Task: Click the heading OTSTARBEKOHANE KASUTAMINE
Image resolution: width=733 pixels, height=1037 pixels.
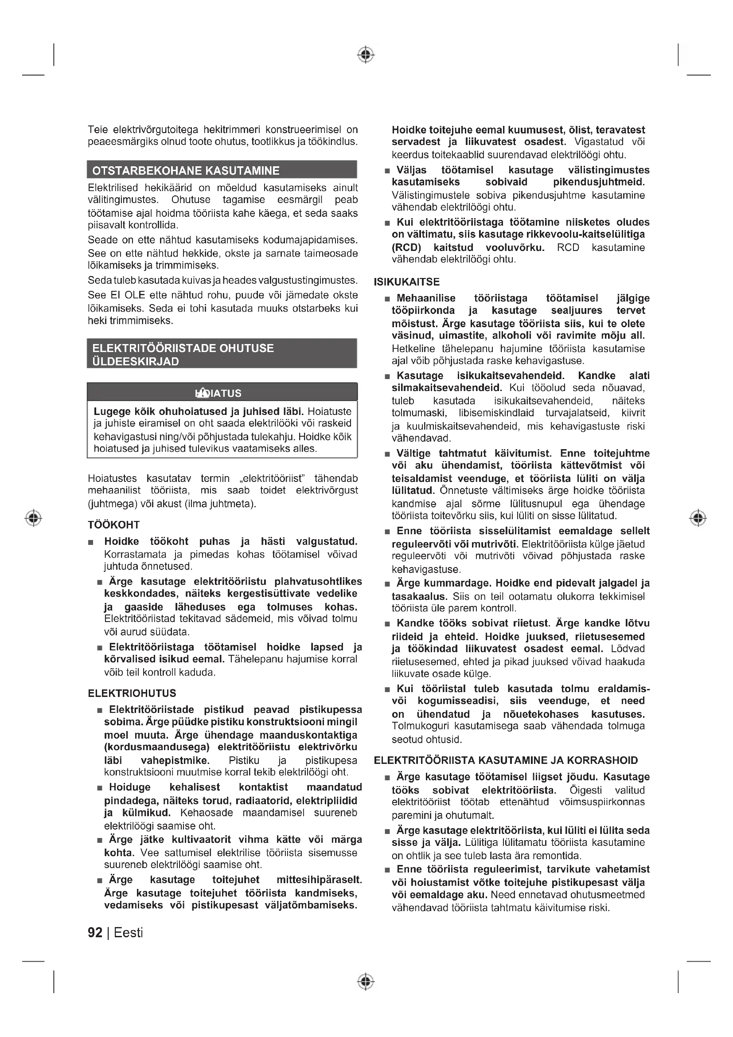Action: [186, 170]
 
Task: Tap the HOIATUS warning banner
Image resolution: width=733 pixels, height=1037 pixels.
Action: [222, 392]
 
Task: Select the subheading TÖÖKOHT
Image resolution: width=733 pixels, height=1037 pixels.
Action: [114, 525]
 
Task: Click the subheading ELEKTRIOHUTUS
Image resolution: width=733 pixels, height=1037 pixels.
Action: [132, 693]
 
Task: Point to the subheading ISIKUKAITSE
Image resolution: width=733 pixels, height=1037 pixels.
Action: [406, 282]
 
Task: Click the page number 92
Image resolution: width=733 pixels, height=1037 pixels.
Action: [95, 933]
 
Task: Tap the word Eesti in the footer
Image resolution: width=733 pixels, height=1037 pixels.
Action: [128, 933]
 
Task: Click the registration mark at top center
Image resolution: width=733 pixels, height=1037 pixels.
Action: [366, 55]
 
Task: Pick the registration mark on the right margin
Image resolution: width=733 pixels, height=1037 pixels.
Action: [698, 517]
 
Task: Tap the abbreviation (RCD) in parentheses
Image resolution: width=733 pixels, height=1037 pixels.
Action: [406, 247]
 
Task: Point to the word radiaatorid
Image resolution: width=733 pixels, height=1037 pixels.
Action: [251, 801]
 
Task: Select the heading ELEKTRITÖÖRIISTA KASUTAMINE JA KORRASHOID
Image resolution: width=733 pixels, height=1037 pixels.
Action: [506, 761]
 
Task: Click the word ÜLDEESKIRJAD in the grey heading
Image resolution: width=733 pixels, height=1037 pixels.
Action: [136, 362]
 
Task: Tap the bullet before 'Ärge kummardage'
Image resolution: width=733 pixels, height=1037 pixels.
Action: [387, 584]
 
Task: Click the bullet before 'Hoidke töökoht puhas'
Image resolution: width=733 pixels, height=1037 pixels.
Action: [91, 542]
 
